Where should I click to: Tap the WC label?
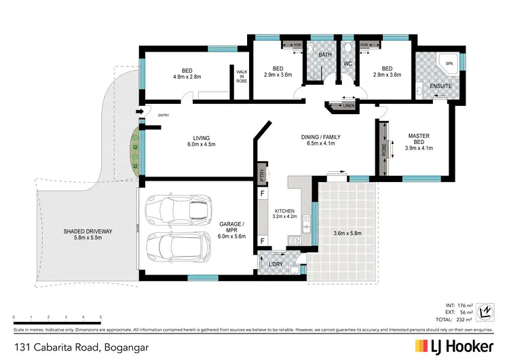pos(347,64)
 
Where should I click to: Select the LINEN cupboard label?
pos(349,106)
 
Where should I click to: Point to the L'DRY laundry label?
pos(276,263)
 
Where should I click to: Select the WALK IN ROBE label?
pos(242,76)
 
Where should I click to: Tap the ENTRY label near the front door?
pos(164,115)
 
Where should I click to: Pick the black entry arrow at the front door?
pos(140,112)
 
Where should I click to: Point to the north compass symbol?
pos(485,312)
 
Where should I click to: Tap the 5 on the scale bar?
pos(100,317)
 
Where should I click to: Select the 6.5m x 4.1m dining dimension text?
pos(320,144)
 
